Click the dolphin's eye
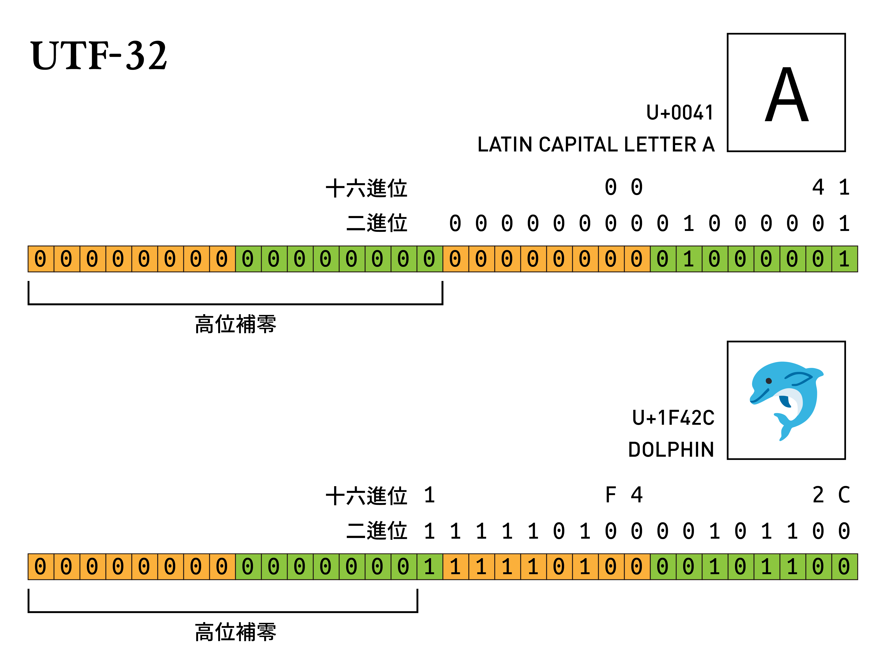tap(769, 381)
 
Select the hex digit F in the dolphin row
tap(611, 495)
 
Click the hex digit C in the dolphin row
tap(844, 495)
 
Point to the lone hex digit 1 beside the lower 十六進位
tap(429, 495)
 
